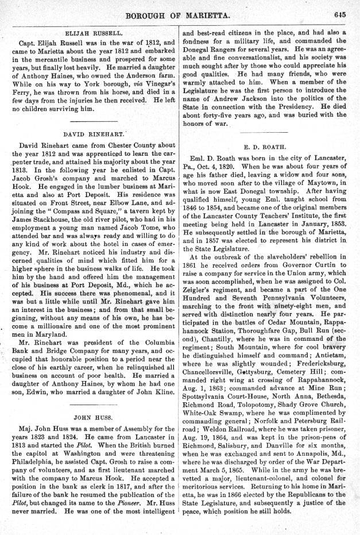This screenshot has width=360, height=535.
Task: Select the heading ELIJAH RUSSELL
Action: click(x=94, y=34)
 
